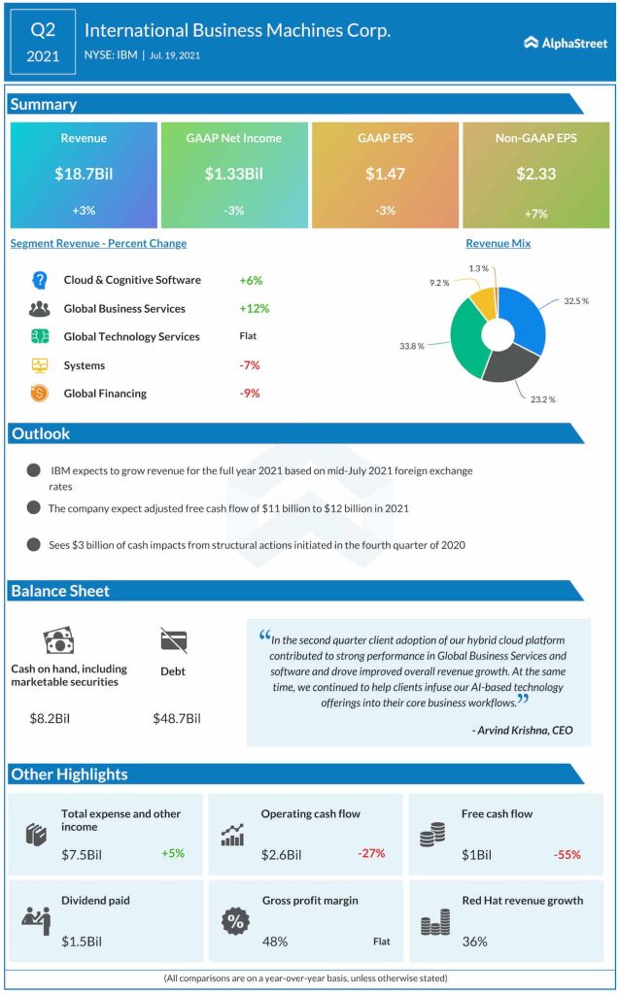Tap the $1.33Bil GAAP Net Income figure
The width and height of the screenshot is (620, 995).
coord(233,174)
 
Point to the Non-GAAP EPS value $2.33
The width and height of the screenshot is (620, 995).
coord(535,174)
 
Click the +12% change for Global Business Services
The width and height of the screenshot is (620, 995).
coord(254,308)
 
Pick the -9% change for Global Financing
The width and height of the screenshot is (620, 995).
coord(249,394)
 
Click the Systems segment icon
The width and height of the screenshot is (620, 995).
coord(40,365)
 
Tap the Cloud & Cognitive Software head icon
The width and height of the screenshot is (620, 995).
coord(40,280)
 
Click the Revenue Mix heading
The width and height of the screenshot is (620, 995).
coord(498,244)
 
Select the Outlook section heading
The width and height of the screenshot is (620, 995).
coord(41,433)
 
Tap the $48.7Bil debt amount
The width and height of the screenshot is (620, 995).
coord(177,718)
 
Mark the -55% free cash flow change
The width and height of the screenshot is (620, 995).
coord(568,854)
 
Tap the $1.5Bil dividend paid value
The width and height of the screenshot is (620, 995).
coord(82,941)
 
